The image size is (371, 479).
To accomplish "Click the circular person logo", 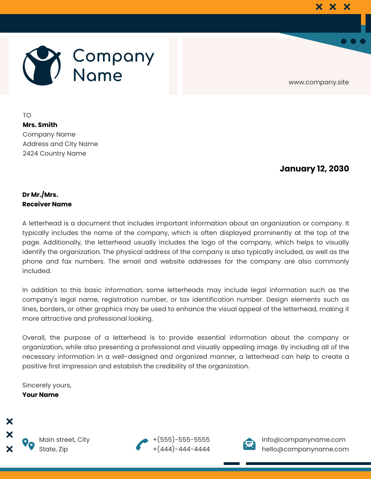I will (x=42, y=65).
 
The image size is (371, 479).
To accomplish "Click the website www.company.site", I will (x=318, y=82).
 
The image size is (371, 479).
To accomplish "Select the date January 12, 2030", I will (x=314, y=169).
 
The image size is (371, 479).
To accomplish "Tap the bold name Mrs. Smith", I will (x=40, y=125).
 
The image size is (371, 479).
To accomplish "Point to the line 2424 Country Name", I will (x=54, y=153).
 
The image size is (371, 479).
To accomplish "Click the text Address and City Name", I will (x=60, y=144).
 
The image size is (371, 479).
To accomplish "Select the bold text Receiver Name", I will (x=47, y=204).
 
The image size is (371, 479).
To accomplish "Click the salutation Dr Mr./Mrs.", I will (x=40, y=195).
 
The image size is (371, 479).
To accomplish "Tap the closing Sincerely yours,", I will (x=47, y=385).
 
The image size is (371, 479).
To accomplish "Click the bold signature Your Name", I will (x=40, y=395).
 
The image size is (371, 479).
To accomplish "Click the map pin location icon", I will (x=28, y=444).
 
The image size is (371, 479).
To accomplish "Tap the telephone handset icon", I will (x=142, y=444).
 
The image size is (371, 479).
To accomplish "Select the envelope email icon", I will (x=249, y=444).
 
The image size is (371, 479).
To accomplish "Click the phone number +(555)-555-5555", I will (x=181, y=440).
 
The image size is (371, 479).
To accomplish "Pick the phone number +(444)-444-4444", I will (x=181, y=449).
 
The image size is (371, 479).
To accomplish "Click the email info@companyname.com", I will (x=303, y=440).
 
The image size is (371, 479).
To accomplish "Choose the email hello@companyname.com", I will (x=305, y=449).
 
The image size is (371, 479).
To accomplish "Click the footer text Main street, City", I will (x=64, y=440).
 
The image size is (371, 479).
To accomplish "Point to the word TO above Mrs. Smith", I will (x=27, y=115).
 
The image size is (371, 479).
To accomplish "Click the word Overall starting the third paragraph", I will (x=35, y=337).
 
